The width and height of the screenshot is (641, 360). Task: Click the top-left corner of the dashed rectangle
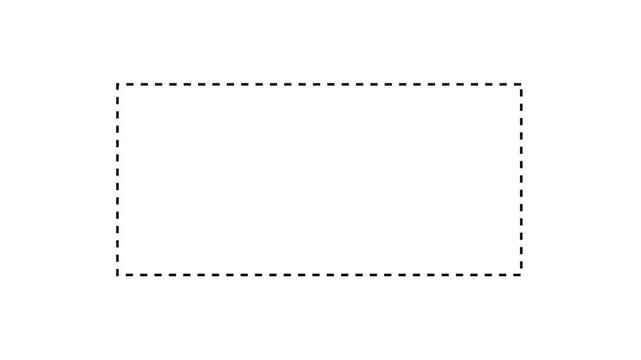coord(117,84)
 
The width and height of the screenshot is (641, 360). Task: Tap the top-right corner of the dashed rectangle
coord(521,84)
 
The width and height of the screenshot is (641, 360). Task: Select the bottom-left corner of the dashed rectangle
coord(117,275)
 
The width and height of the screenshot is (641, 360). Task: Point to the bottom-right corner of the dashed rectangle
coord(521,275)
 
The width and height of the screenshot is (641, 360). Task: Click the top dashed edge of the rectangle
coord(320,84)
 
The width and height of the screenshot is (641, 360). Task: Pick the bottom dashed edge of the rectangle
coord(320,275)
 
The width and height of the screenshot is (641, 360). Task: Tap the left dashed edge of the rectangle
coord(117,180)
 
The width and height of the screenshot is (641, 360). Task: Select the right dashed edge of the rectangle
coord(521,180)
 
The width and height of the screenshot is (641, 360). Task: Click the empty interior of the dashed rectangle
coord(320,180)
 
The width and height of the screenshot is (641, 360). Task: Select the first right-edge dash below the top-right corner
coord(521,93)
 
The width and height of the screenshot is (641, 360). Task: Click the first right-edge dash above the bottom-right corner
coord(521,265)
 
